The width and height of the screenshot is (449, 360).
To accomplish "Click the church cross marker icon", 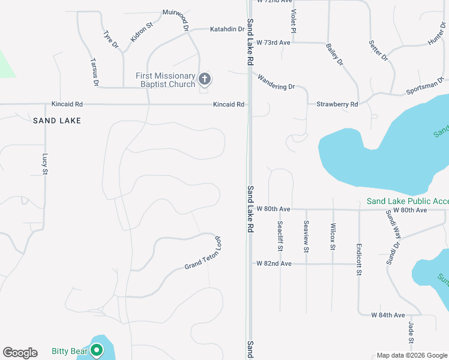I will point(205,79).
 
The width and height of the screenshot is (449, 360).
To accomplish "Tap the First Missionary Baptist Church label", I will point(166,80).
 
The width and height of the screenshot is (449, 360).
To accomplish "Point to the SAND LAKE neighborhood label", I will point(57,121).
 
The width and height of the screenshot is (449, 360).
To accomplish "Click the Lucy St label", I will point(44,164).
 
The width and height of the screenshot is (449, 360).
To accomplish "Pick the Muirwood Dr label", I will point(175,19).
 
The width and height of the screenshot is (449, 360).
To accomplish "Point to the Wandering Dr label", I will point(276,82).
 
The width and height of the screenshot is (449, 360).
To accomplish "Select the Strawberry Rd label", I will point(337,104).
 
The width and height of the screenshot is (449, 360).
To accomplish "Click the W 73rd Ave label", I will point(273,43).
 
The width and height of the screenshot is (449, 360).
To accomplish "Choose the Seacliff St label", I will point(280,236).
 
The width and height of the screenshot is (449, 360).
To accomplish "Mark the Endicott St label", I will point(358,259).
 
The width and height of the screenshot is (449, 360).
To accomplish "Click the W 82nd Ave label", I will point(274,263).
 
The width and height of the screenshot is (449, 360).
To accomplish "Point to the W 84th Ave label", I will point(388,315).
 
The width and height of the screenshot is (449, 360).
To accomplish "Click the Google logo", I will point(20,353).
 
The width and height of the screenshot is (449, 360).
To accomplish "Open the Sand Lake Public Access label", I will point(408,202).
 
